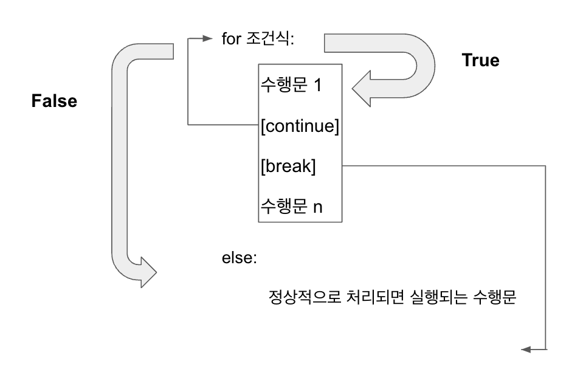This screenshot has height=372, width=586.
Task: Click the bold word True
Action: pos(480,61)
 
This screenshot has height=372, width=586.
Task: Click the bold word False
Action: pos(54,101)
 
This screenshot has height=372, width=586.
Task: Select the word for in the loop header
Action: pos(232,41)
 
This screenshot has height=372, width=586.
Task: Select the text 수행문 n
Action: pos(292,206)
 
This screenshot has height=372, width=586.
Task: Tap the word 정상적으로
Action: pos(300,299)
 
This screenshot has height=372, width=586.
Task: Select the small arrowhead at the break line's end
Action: pos(526,350)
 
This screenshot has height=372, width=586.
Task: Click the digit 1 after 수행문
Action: pos(317,86)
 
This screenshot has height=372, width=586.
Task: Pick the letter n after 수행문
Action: pos(317,207)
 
